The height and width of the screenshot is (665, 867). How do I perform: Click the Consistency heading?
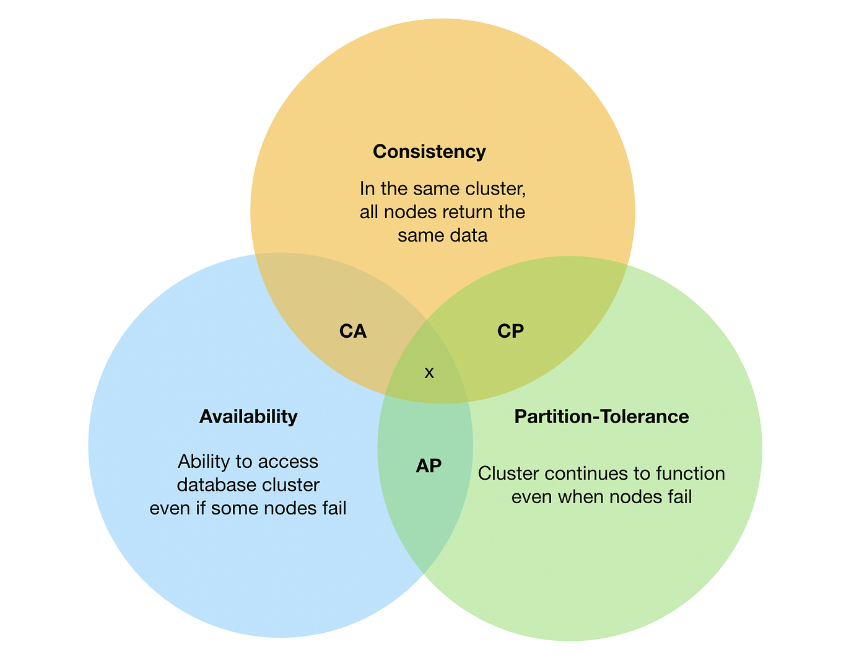(x=429, y=152)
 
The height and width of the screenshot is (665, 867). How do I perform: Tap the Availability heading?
(x=248, y=416)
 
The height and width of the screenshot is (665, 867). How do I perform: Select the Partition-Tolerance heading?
(x=601, y=416)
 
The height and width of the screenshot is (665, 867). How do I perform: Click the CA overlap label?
(x=353, y=332)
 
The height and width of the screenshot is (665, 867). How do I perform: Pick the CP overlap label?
(x=510, y=332)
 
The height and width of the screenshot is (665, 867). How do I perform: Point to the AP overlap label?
(x=429, y=466)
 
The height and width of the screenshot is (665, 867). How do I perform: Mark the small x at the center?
(x=429, y=373)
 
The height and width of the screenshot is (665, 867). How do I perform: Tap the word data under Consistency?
(x=471, y=236)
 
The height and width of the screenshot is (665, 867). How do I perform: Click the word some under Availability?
(x=235, y=508)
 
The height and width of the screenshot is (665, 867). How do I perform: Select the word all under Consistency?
(x=369, y=212)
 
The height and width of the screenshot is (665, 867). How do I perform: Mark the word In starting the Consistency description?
(x=367, y=188)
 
